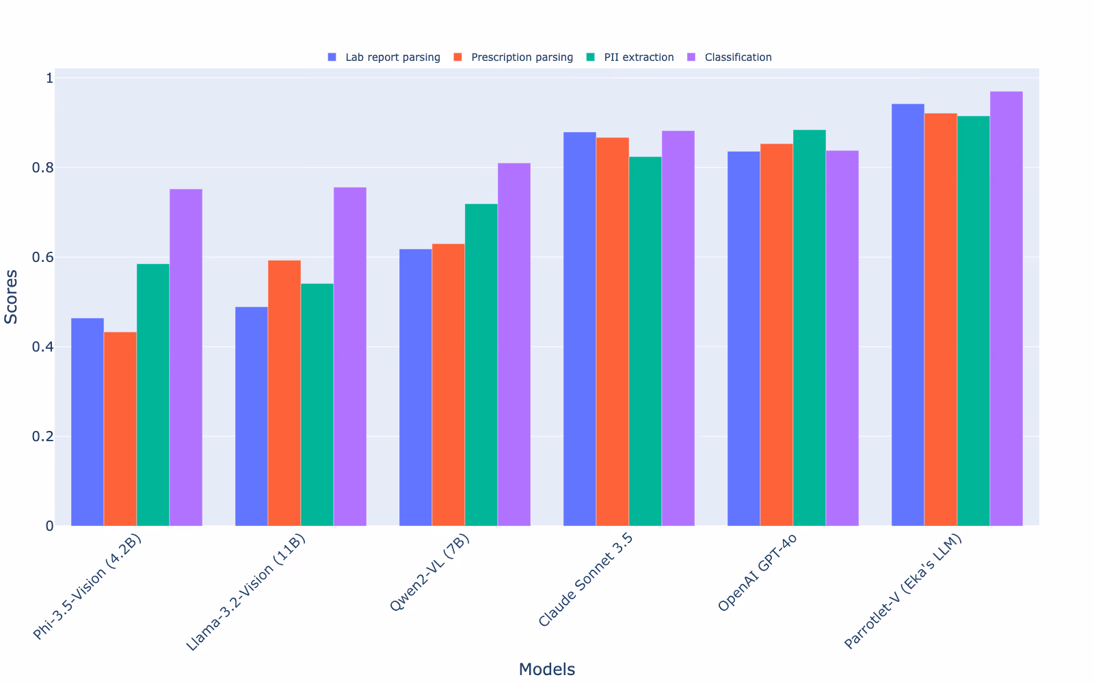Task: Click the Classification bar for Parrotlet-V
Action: pos(1006,308)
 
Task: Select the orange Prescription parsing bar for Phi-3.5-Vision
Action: pos(120,429)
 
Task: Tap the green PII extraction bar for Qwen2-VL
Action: pos(481,365)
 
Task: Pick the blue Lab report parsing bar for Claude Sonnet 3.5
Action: pos(580,329)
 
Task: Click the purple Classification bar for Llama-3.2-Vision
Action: pos(350,356)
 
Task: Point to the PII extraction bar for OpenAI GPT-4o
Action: pos(810,328)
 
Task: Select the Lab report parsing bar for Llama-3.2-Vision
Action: pos(252,417)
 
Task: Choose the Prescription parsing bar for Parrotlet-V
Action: pos(941,319)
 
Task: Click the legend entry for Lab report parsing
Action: pos(384,57)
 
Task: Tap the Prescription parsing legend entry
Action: pos(513,57)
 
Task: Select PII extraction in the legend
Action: pos(630,57)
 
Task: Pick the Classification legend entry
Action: pos(730,57)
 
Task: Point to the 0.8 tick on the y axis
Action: pos(42,168)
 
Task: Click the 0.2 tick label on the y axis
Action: pos(42,436)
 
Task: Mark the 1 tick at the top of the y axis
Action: pos(49,78)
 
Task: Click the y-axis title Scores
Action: pos(11,297)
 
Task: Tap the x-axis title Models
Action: pos(547,669)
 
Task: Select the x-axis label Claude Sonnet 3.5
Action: pos(585,580)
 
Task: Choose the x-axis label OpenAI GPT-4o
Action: pos(758,572)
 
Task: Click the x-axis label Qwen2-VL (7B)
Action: pos(430,572)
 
